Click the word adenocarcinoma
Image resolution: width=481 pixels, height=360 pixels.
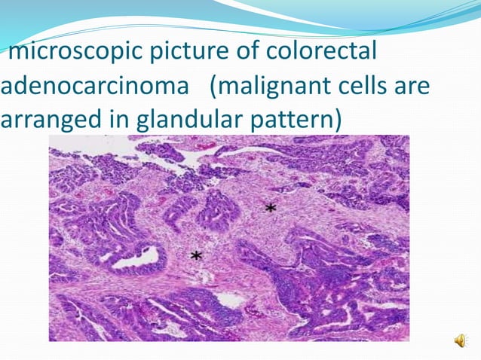pyautogui.click(x=93, y=87)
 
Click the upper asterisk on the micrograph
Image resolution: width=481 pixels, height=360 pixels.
pyautogui.click(x=269, y=207)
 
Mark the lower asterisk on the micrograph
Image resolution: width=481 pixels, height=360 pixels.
pyautogui.click(x=197, y=256)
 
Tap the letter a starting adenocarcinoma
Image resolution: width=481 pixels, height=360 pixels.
pyautogui.click(x=8, y=87)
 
